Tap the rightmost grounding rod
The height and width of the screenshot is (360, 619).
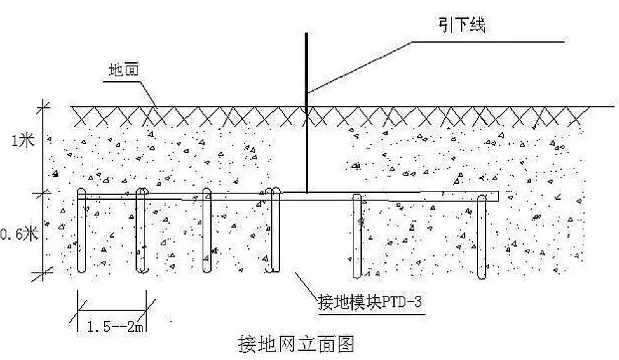tap(481, 238)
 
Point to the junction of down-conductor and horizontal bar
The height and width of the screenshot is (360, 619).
tap(306, 193)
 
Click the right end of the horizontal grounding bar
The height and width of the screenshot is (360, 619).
tap(496, 196)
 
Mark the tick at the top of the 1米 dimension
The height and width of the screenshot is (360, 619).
tap(45, 106)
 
